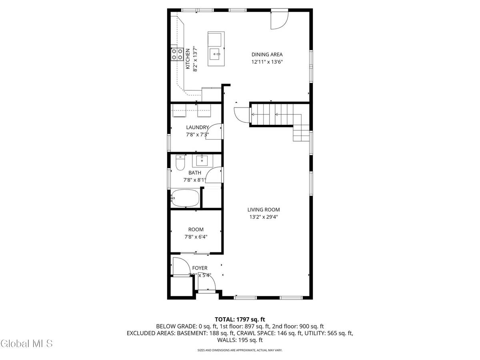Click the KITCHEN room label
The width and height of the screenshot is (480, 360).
point(187,60)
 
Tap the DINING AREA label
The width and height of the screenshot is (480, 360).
point(267,55)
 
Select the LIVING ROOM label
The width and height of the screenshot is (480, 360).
point(263,210)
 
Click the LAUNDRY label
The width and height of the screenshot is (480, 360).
point(197,128)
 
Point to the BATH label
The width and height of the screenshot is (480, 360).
point(195,173)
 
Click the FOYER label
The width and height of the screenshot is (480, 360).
point(200,268)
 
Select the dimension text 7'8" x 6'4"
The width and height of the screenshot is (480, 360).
point(196,237)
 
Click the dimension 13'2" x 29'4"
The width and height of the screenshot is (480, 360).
point(263,217)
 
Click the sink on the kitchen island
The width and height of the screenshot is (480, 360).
point(216,53)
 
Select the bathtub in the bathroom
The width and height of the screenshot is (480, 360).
point(185,198)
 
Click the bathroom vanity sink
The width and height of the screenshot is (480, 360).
point(202,161)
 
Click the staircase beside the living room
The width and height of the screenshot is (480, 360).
point(276,114)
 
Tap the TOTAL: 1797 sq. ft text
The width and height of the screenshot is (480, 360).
point(240,319)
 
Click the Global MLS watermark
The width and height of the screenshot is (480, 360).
point(26,343)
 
